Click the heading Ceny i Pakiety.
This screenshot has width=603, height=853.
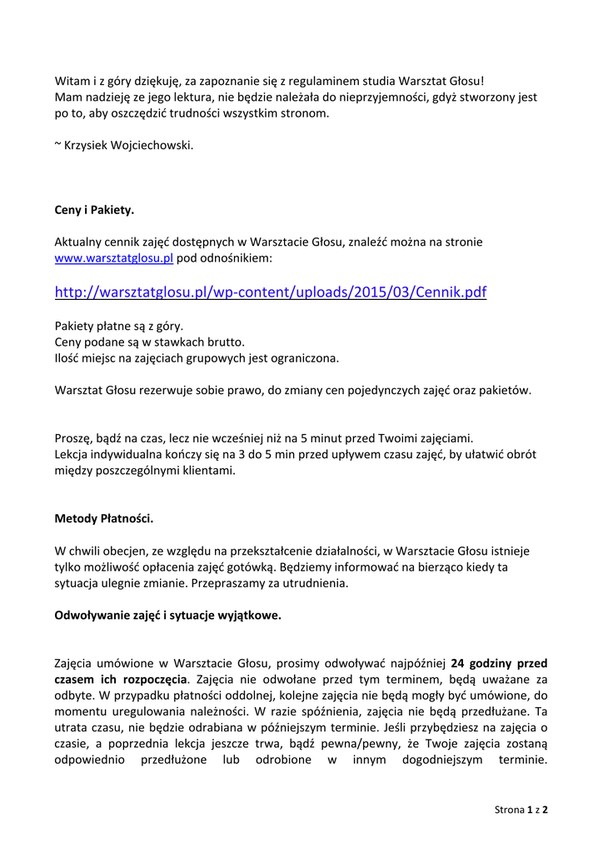tap(94, 210)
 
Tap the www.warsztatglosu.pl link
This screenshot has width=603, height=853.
tap(113, 258)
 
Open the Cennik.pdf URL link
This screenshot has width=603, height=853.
tap(271, 292)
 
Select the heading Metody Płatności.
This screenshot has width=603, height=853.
tap(104, 518)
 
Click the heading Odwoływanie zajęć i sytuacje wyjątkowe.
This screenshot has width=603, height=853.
tap(168, 616)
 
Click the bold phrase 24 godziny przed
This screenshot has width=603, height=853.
tap(499, 664)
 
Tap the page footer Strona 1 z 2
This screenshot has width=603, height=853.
tap(521, 809)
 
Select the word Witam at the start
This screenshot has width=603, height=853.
tap(72, 81)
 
